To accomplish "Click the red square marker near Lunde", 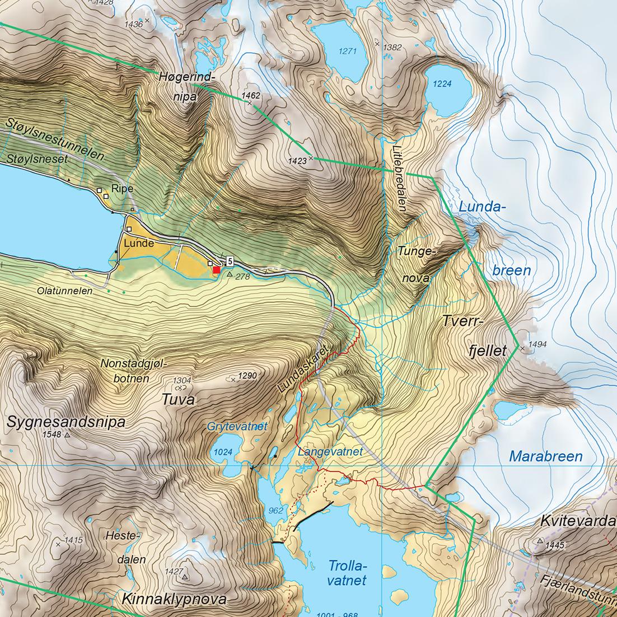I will click(x=217, y=270).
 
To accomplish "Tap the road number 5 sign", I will click(x=230, y=261).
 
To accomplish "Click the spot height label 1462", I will click(x=251, y=96).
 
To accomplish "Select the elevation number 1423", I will click(x=297, y=161).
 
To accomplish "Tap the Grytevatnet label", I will click(x=237, y=427).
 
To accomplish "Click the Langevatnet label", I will click(x=330, y=451).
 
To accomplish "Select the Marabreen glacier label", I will click(x=545, y=456).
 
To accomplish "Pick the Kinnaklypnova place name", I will click(x=174, y=599).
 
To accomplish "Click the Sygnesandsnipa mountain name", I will click(x=66, y=422).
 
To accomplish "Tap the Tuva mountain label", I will click(x=178, y=400).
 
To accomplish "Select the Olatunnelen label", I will click(x=64, y=291).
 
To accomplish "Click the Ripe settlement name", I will click(x=122, y=189).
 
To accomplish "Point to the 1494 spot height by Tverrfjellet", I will click(x=536, y=345).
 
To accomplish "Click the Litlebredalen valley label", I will click(x=399, y=175).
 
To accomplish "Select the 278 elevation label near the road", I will click(x=242, y=277).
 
